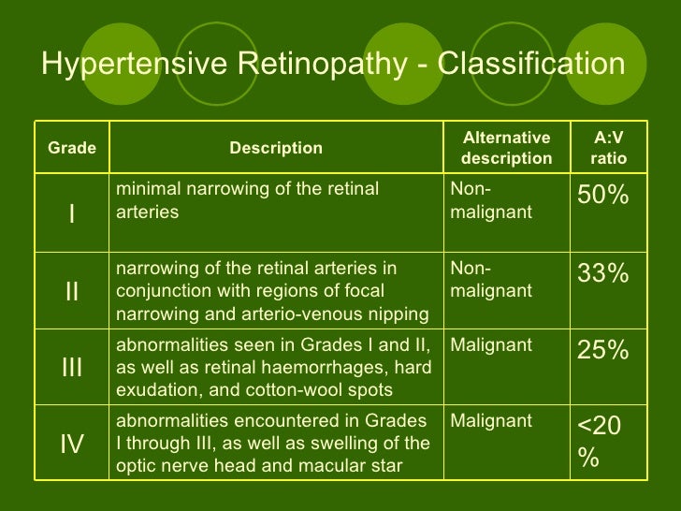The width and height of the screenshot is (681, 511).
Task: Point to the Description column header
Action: pyautogui.click(x=276, y=149)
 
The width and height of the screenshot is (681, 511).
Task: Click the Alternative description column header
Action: pyautogui.click(x=507, y=148)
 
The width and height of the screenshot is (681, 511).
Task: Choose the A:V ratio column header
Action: pyautogui.click(x=609, y=148)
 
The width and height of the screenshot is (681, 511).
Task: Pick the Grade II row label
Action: pyautogui.click(x=72, y=291)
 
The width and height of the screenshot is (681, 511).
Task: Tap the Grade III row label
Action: pyautogui.click(x=72, y=368)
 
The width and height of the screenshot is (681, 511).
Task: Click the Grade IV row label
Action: pyautogui.click(x=72, y=444)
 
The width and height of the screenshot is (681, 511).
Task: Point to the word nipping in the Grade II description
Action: pyautogui.click(x=397, y=312)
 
